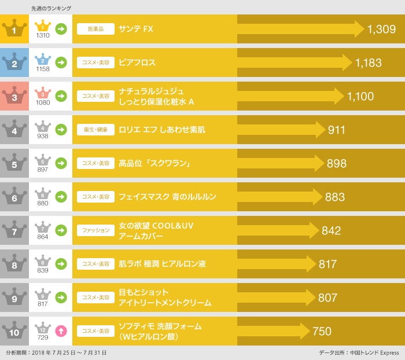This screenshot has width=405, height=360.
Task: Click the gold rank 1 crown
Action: pos(14,29)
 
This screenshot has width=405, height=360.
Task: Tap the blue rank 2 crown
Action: pos(14,63)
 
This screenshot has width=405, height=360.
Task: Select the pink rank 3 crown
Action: pos(14,96)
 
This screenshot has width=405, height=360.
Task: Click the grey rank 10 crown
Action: pos(14,331)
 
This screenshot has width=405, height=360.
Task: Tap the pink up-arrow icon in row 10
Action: pos(61,331)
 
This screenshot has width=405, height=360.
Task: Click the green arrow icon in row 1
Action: pos(61,29)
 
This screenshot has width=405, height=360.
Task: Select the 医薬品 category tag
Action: pos(95,29)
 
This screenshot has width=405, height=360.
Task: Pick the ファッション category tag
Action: pos(95,230)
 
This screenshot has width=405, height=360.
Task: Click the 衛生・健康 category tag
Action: pos(95,130)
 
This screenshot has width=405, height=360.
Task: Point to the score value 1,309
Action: pos(381,29)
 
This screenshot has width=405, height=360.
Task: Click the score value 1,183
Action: pos(369,63)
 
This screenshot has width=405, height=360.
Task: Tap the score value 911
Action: pos(337,130)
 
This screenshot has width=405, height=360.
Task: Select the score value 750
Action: pos(322,331)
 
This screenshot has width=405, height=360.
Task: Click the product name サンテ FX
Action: pos(136,29)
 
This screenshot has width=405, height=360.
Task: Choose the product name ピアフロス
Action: pos(137,63)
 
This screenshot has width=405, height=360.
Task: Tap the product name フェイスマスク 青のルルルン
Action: pos(167,197)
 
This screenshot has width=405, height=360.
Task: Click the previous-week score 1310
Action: pos(43,36)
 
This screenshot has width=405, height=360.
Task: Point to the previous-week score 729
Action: pos(43,338)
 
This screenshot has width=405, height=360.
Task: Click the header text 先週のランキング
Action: pos(51,8)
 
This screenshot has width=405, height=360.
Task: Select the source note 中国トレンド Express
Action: pos(375,352)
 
